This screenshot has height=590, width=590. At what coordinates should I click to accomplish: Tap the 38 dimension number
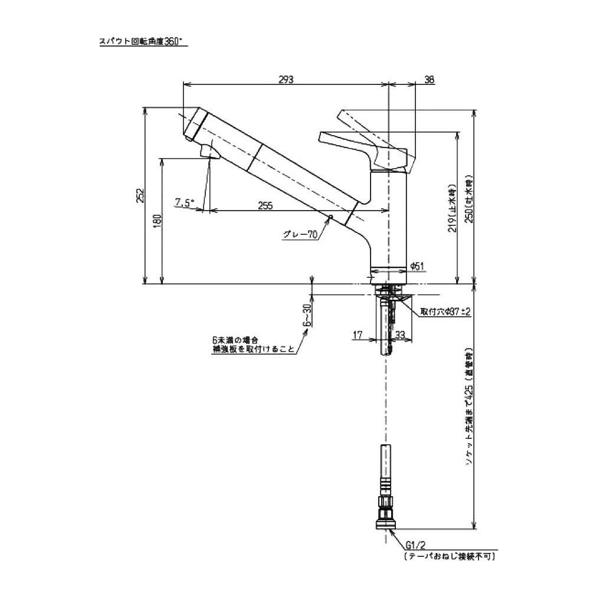point(429,79)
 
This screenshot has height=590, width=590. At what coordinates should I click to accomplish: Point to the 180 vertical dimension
point(157,221)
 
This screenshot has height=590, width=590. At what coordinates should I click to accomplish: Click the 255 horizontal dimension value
point(265,205)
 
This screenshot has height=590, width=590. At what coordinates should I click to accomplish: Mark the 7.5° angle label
point(184,203)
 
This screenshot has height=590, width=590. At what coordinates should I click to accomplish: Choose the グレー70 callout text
point(300,234)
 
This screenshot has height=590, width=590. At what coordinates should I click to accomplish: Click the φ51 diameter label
point(418,267)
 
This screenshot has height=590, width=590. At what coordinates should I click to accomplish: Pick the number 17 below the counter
point(358,335)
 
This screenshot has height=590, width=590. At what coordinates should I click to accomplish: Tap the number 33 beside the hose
point(400,335)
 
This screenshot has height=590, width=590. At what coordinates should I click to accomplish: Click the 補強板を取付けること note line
point(254,349)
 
